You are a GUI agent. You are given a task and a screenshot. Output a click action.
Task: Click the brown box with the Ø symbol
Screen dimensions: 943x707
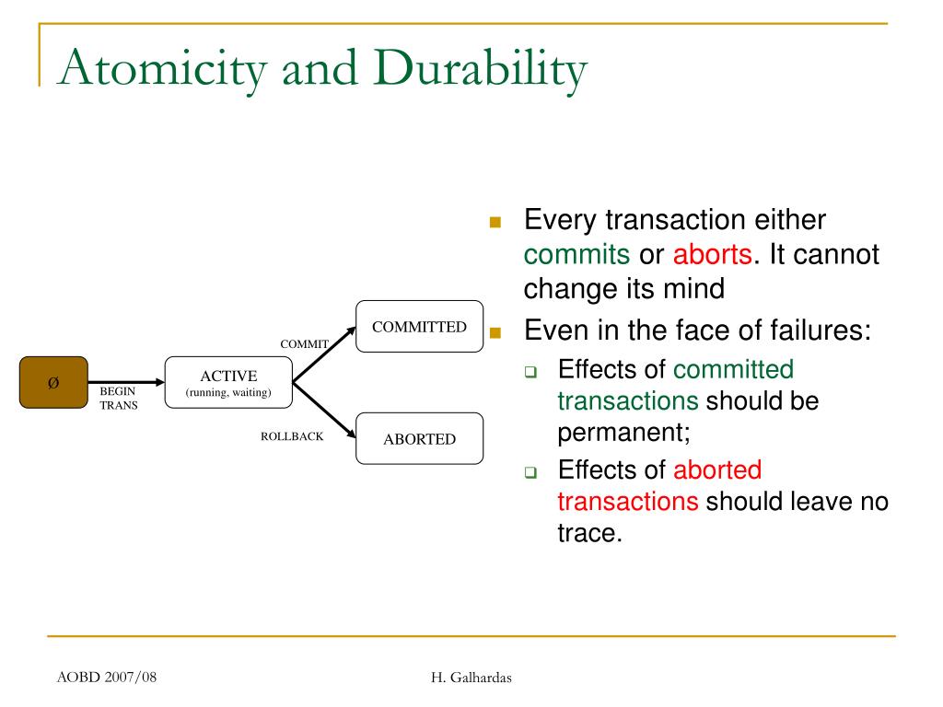tap(53, 382)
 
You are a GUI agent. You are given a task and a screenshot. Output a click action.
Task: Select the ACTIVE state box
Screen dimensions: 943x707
tap(228, 382)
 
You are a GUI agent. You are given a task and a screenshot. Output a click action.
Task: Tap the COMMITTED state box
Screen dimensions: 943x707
tap(419, 327)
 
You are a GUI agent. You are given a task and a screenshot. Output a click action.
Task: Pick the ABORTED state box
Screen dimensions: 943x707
tap(419, 438)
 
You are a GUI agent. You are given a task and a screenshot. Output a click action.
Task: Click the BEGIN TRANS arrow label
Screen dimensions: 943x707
tap(119, 398)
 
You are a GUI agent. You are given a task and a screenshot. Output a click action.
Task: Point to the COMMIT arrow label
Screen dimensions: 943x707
tap(304, 344)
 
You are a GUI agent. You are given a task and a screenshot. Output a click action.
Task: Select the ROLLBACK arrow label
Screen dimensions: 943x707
tap(292, 435)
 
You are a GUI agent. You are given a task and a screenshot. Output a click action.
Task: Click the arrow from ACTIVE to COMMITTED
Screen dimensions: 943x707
tap(324, 354)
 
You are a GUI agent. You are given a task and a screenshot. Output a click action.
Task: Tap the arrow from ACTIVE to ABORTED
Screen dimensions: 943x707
tap(324, 410)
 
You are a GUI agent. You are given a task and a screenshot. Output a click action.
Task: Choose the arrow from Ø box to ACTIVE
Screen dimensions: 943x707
tap(126, 382)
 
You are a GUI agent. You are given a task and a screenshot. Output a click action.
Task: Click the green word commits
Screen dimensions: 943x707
tap(576, 255)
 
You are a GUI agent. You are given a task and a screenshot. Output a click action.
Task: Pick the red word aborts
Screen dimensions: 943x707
tap(712, 254)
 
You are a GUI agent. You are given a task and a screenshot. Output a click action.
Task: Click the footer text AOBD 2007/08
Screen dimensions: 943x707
tap(107, 677)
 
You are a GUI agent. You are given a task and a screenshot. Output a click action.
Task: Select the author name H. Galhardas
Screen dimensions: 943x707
tap(471, 678)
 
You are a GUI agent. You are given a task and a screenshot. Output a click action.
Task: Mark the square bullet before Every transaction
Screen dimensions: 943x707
tap(495, 223)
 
